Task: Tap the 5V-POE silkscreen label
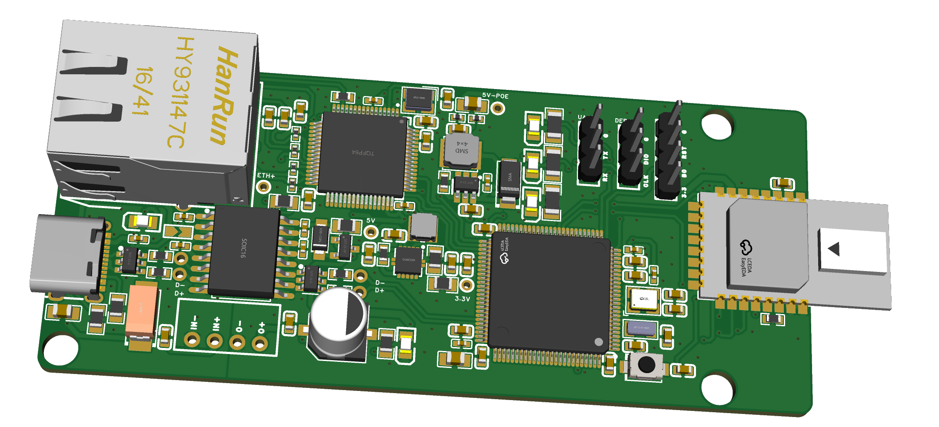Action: [495, 96]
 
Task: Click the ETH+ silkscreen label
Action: [266, 176]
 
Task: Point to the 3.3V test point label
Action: [463, 299]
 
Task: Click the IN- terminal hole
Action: [192, 339]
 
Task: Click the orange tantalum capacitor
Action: [141, 309]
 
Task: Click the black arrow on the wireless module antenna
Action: [834, 249]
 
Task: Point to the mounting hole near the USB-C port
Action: [61, 350]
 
